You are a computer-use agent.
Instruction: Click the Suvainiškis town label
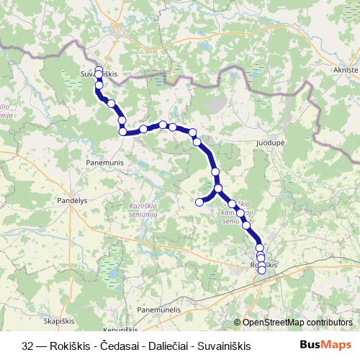click(99, 73)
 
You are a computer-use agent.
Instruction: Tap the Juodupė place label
click(271, 143)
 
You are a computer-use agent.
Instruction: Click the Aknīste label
click(346, 69)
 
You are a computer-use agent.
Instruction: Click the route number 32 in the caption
click(27, 346)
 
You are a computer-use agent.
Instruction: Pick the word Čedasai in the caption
click(118, 346)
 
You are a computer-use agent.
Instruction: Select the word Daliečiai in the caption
click(166, 346)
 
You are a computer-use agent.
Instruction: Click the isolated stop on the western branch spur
click(199, 202)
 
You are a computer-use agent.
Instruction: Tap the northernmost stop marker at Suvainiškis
click(99, 70)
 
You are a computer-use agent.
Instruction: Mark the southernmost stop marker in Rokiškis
click(261, 271)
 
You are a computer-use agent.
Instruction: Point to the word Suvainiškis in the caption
click(223, 346)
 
